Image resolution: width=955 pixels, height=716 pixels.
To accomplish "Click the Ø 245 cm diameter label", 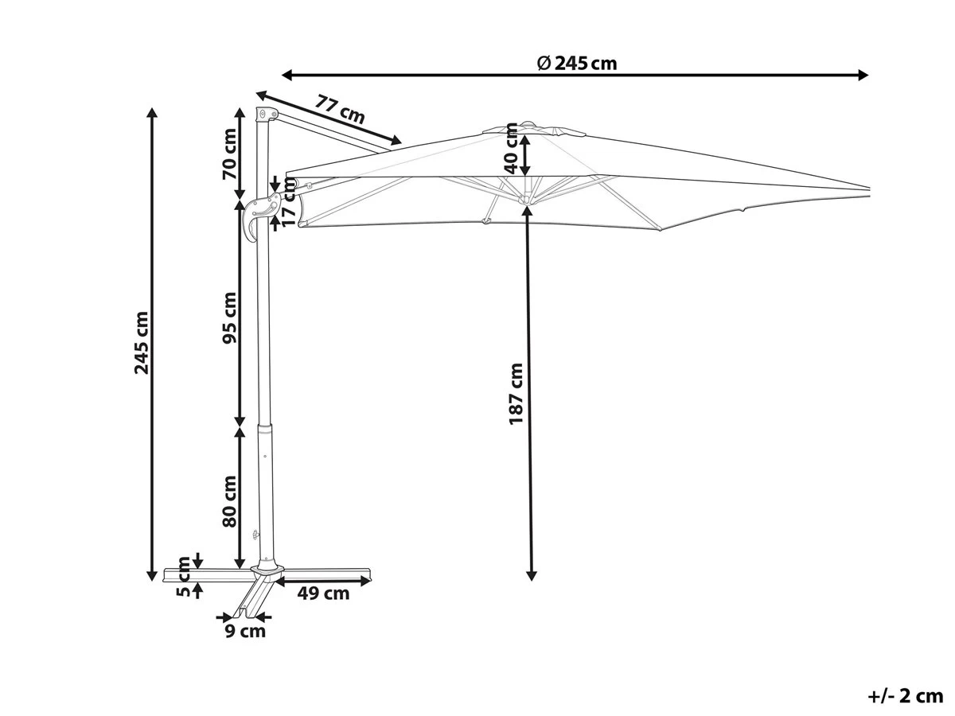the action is [x=577, y=64].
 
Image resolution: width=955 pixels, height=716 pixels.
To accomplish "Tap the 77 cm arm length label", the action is [x=340, y=110].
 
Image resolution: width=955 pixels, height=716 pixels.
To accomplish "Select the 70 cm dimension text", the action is [x=229, y=154].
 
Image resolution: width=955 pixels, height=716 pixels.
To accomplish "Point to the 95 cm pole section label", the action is [x=229, y=317].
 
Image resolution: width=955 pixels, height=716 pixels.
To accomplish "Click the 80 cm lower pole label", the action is [x=229, y=501].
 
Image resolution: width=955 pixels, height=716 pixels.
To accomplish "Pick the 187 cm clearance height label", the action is [x=516, y=394].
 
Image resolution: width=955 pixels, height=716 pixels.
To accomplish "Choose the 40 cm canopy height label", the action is [x=511, y=148].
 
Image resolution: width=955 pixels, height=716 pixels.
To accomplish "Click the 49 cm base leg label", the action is [x=323, y=593].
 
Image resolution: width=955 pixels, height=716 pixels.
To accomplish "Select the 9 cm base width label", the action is [x=245, y=631].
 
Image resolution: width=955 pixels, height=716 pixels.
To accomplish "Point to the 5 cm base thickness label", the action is [x=184, y=577].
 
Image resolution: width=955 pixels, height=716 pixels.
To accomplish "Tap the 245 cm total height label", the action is [x=142, y=343].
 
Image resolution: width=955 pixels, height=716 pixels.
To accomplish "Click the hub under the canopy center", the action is [x=525, y=200].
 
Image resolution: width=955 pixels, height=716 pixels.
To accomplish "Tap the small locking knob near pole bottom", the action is [x=254, y=535].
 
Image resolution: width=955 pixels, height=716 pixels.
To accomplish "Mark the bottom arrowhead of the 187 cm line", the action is [x=532, y=575].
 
